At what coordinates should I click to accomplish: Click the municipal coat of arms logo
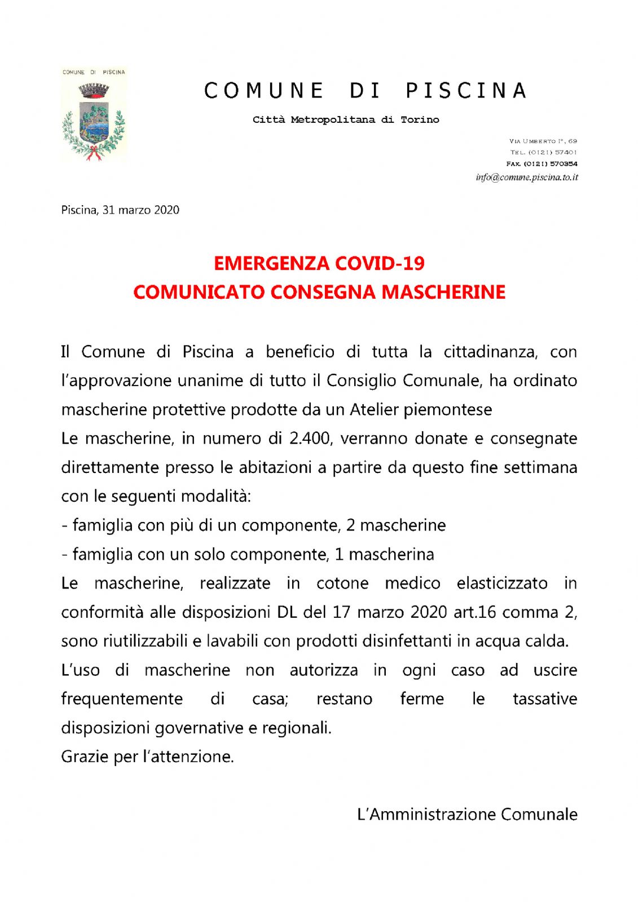94,115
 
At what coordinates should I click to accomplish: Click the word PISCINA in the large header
466,91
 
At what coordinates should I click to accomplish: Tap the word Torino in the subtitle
420,120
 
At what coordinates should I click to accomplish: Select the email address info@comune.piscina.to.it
526,177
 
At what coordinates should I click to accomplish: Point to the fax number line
542,163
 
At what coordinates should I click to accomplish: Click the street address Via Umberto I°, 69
543,141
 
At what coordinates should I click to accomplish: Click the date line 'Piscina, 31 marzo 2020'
120,210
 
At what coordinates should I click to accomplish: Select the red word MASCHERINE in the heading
443,292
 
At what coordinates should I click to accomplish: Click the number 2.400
309,438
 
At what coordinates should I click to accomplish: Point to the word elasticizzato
502,583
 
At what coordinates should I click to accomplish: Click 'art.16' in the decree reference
474,612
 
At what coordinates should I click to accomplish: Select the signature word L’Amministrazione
426,814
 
